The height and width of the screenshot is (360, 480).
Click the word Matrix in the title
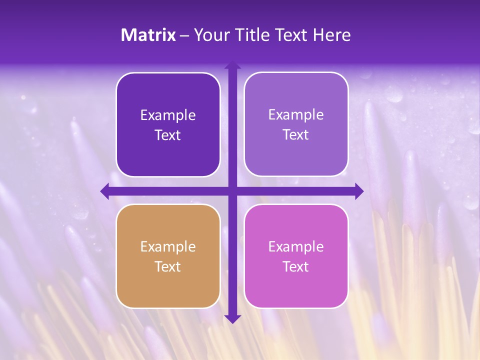click(148, 35)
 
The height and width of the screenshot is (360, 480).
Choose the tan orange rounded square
click(168, 285)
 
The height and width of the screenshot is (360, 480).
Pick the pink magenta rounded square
click(296, 285)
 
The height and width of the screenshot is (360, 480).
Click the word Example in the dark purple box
click(168, 115)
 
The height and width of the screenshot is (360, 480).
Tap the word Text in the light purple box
click(296, 135)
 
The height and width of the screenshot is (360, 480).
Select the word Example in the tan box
click(168, 247)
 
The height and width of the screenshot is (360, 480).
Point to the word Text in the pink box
click(296, 267)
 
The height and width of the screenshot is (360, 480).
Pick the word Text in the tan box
click(168, 267)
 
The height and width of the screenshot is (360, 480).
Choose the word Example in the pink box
click(296, 247)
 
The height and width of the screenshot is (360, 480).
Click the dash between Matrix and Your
click(184, 35)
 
